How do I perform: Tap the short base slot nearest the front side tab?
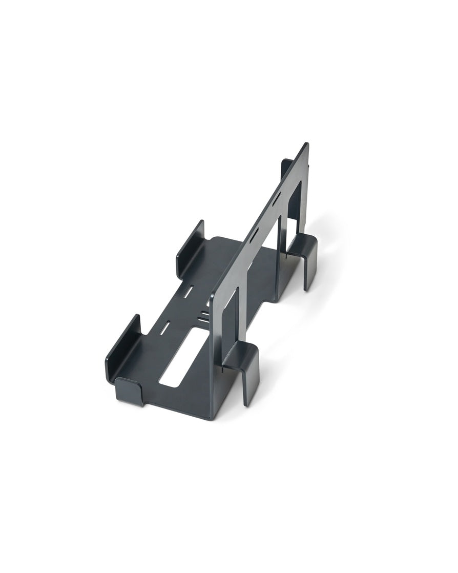pyautogui.click(x=165, y=328)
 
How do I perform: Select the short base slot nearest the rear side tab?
pyautogui.click(x=188, y=292)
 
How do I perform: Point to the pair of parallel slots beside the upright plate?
pyautogui.click(x=204, y=315)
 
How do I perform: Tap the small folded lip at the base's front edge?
pyautogui.click(x=128, y=390)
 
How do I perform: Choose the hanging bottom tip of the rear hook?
pyautogui.click(x=307, y=287)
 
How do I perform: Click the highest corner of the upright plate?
pyautogui.click(x=306, y=144)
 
